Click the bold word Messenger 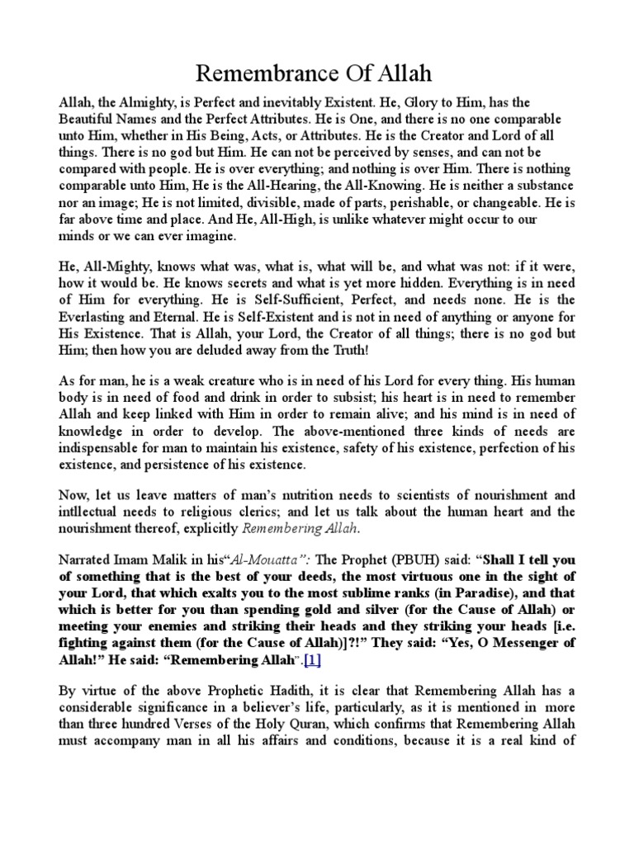tap(518, 664)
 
